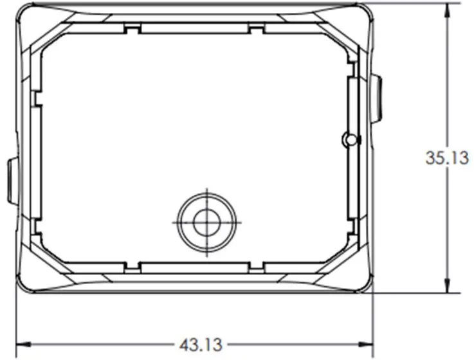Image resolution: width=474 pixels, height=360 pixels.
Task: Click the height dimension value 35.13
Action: [x=448, y=157]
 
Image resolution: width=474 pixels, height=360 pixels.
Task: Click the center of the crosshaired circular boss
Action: [x=206, y=221]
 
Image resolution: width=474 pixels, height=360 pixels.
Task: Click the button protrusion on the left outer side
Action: [x=11, y=181]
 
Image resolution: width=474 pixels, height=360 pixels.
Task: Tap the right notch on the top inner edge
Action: [x=256, y=30]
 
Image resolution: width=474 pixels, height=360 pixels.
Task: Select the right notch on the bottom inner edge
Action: [x=256, y=265]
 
